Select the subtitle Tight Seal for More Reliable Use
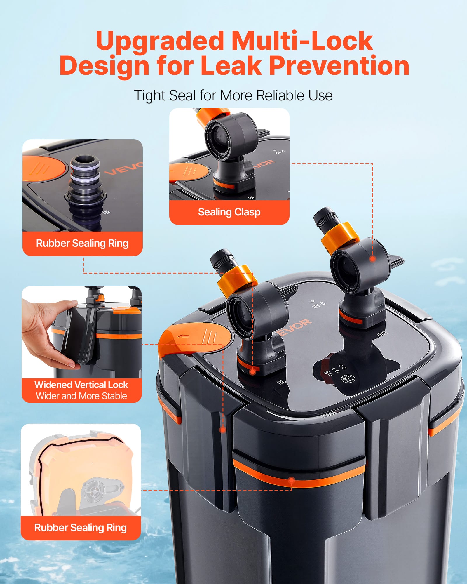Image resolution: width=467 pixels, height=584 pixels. [x=233, y=95]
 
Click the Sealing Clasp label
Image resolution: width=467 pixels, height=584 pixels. [x=229, y=212]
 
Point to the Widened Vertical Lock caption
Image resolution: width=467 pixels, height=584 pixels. [x=81, y=385]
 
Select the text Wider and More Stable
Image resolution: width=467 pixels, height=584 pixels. [x=81, y=396]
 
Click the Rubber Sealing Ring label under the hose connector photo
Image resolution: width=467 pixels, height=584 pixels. [x=82, y=243]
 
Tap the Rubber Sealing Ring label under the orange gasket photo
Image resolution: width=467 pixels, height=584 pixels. [x=81, y=528]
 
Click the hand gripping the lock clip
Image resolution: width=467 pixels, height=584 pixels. [x=48, y=334]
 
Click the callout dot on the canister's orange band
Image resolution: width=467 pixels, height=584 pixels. [x=291, y=480]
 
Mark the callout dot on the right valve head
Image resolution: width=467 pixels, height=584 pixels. [x=372, y=259]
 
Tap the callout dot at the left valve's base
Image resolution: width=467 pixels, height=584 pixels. [x=253, y=372]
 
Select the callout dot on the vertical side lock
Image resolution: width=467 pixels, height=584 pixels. [x=223, y=430]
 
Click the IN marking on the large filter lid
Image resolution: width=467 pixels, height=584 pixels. [x=280, y=382]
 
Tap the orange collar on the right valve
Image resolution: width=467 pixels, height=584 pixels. [x=340, y=237]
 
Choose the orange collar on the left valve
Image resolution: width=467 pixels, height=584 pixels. [x=237, y=279]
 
